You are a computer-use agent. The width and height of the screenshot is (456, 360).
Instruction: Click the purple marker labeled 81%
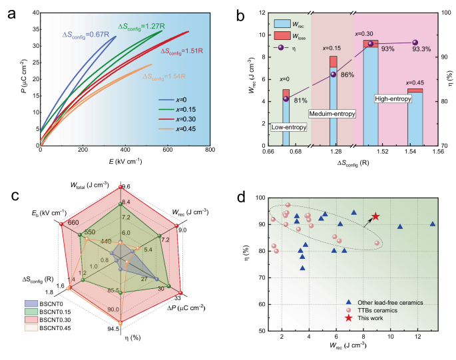(286, 98)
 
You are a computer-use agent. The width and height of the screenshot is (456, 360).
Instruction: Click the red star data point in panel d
(375, 216)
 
